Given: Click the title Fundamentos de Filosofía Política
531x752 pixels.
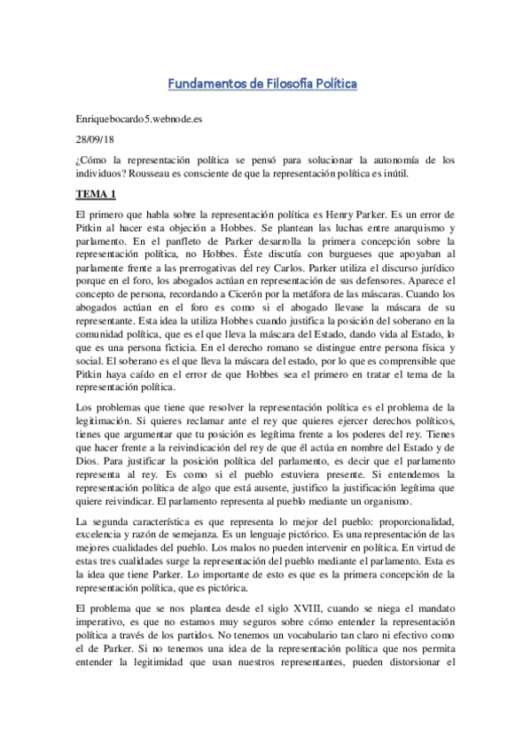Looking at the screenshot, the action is tap(262, 84).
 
